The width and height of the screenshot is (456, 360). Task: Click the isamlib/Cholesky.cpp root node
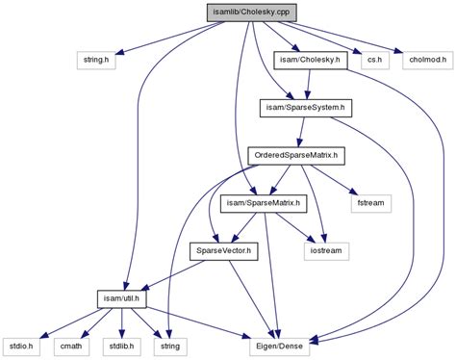pyautogui.click(x=251, y=13)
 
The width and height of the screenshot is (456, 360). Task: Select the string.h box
pyautogui.click(x=96, y=60)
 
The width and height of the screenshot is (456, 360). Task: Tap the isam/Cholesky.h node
pyautogui.click(x=310, y=60)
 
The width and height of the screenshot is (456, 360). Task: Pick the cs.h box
pyautogui.click(x=375, y=60)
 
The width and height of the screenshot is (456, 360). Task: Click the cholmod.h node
pyautogui.click(x=428, y=60)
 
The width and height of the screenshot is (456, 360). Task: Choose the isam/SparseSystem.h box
pyautogui.click(x=306, y=108)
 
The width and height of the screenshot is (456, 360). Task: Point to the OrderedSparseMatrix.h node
pyautogui.click(x=296, y=156)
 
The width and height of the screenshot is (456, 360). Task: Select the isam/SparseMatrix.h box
pyautogui.click(x=264, y=204)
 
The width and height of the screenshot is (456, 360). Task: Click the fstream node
pyautogui.click(x=371, y=204)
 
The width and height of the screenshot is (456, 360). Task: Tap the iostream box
pyautogui.click(x=326, y=251)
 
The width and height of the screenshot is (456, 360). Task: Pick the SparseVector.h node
pyautogui.click(x=223, y=251)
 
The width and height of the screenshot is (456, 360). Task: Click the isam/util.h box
pyautogui.click(x=121, y=299)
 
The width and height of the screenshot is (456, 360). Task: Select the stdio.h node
pyautogui.click(x=21, y=347)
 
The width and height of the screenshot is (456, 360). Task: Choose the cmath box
pyautogui.click(x=71, y=347)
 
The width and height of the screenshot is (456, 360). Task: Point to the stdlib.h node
pyautogui.click(x=121, y=347)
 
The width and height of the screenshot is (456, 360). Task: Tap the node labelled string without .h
pyautogui.click(x=170, y=347)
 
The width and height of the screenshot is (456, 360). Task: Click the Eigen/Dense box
pyautogui.click(x=280, y=347)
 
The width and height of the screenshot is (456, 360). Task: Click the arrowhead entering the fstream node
pyautogui.click(x=354, y=192)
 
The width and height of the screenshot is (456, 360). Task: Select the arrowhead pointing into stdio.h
pyautogui.click(x=45, y=335)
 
